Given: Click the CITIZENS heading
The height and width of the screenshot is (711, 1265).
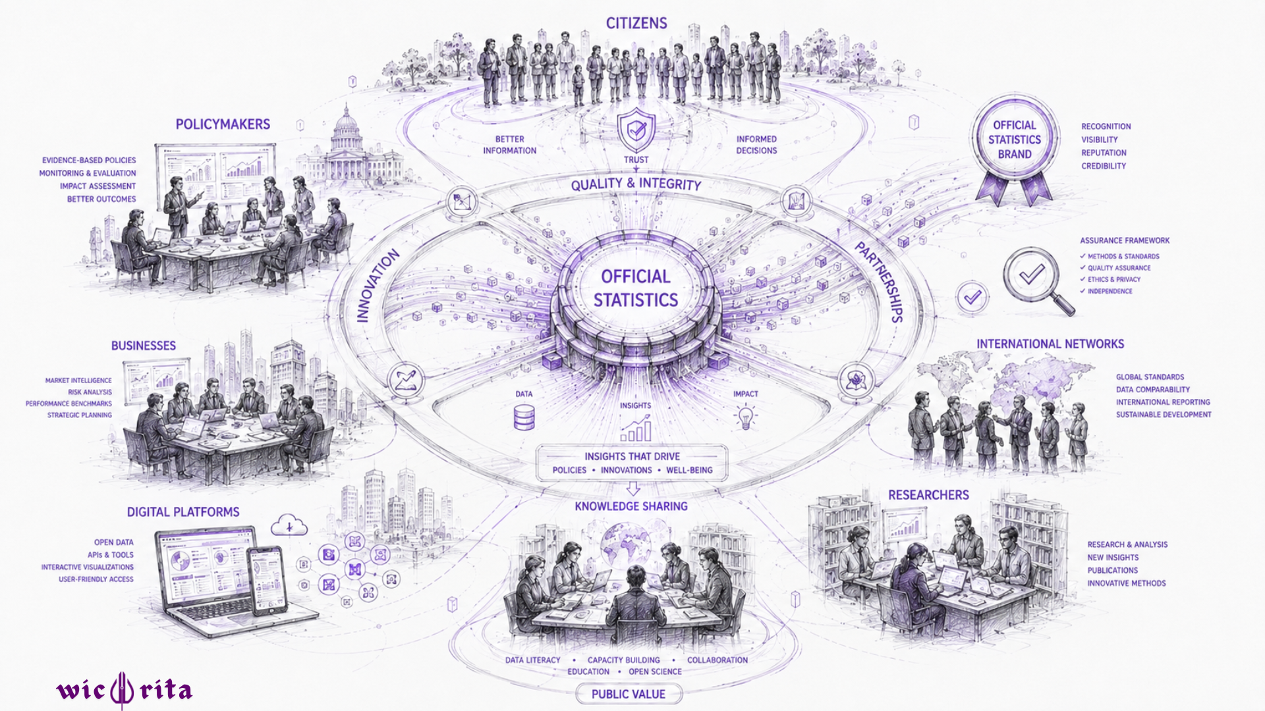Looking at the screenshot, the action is click(636, 23).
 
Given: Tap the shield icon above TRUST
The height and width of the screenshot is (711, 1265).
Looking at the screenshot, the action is click(636, 131).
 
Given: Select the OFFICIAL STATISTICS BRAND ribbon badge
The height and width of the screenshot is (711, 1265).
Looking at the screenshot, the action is click(1015, 149).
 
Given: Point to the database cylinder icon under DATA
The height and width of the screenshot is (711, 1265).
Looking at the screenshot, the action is click(524, 417).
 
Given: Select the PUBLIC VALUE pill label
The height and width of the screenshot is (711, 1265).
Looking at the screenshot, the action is click(629, 694).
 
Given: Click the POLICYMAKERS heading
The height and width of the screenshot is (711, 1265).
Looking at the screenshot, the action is click(223, 124).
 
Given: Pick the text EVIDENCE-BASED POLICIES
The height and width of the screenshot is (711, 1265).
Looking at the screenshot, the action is click(89, 160).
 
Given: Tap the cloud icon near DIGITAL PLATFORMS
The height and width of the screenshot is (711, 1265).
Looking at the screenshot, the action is click(289, 525).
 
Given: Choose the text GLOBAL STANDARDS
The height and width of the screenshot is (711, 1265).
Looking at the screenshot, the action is click(1150, 377).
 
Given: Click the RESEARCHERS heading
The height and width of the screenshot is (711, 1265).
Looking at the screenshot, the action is click(928, 495).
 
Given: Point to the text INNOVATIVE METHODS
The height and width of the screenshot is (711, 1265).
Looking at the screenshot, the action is click(1127, 583).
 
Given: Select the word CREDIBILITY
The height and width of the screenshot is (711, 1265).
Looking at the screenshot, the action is click(1104, 166).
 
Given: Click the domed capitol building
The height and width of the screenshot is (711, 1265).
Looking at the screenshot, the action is click(349, 148).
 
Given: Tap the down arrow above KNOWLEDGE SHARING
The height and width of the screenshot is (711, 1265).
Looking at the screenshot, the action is click(633, 488).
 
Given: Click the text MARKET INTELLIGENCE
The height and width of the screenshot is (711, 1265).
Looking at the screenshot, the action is click(78, 381).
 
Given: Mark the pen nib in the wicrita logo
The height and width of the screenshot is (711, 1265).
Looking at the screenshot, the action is click(122, 691).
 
